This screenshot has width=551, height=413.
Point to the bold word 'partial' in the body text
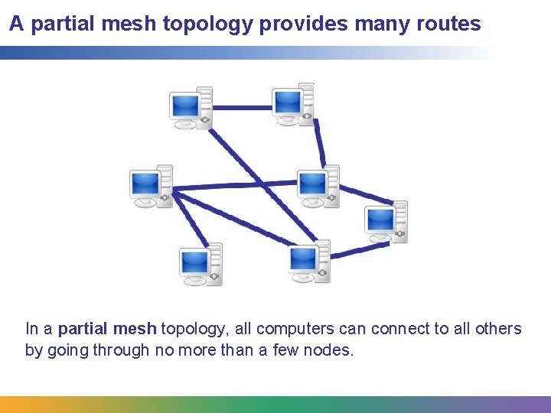tap(83, 329)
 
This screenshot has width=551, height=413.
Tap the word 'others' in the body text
tap(496, 329)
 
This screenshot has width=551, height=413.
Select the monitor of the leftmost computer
tap(145, 184)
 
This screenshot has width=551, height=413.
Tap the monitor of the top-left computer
tap(185, 106)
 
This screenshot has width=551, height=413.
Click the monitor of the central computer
tap(311, 185)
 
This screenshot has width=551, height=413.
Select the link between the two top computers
tap(241, 108)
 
